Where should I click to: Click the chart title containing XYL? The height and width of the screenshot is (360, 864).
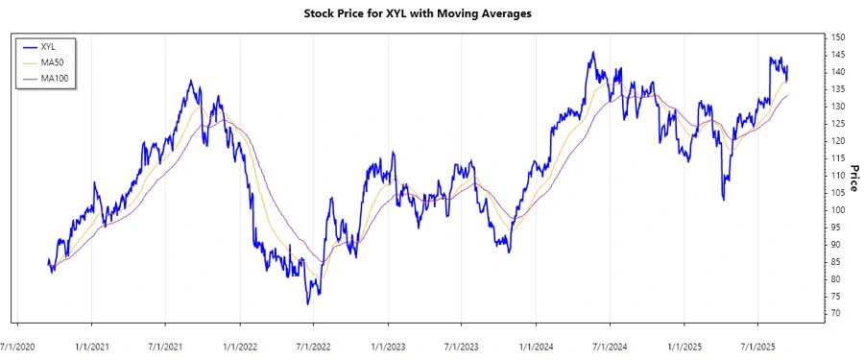coord(431,13)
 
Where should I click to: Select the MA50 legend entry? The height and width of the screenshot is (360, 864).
coord(53,61)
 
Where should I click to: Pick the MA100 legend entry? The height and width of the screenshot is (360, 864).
coord(55,78)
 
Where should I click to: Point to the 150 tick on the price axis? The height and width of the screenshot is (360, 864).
coord(838,37)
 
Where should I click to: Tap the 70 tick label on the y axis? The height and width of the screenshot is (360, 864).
coord(836,314)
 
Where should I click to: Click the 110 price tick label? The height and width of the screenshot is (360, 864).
coord(838,176)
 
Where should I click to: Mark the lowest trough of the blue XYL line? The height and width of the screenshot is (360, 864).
coord(308,304)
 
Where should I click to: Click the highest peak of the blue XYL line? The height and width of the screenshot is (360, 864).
coord(592,52)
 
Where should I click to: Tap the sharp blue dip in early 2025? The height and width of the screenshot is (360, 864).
coord(723,200)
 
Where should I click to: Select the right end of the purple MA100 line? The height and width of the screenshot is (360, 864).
coord(788,96)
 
